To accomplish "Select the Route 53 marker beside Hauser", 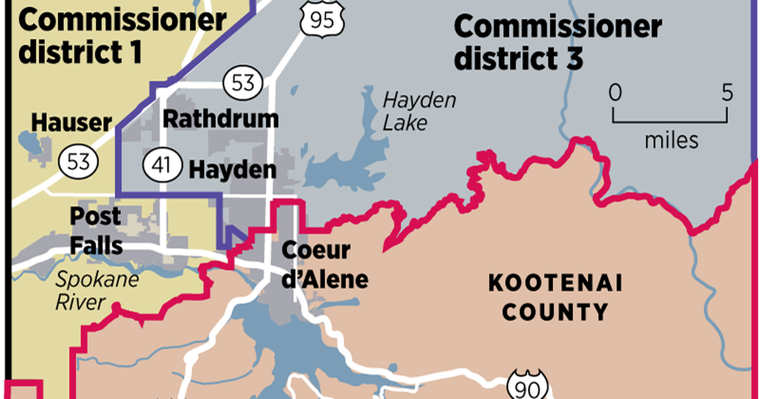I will (79, 161).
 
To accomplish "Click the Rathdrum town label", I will (220, 118).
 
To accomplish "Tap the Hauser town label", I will (71, 122).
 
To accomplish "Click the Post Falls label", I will (96, 231).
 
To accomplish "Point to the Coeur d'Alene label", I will (324, 264).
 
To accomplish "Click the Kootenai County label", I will (548, 297).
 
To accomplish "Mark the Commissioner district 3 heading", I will (557, 42).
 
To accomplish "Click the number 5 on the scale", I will (726, 93).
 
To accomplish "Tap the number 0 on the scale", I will (614, 93).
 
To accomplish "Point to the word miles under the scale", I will (671, 139).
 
